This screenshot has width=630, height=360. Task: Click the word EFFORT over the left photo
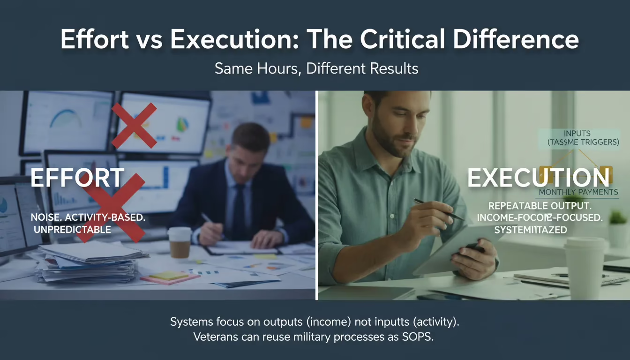[x=78, y=179]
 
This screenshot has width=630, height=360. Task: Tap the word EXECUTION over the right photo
[x=538, y=178]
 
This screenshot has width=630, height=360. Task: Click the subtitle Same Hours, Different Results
[x=316, y=68]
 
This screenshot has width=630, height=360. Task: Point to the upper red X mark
[x=134, y=125]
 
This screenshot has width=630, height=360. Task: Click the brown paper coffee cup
[x=180, y=242]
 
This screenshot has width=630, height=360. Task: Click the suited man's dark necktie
[x=239, y=211]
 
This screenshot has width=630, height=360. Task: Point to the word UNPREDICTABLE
[x=72, y=229]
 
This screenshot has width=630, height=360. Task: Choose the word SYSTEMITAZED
[x=531, y=230]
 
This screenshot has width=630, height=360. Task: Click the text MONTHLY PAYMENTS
[x=578, y=192]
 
